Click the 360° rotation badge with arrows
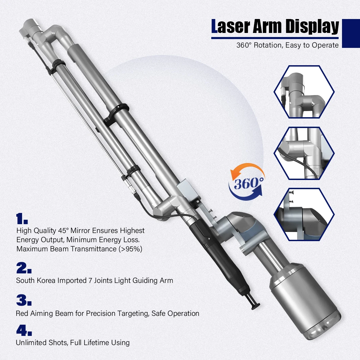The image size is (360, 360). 247,184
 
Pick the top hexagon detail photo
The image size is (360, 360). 304,92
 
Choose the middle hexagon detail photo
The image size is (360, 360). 304,153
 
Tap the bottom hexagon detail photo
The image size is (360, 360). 304,214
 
